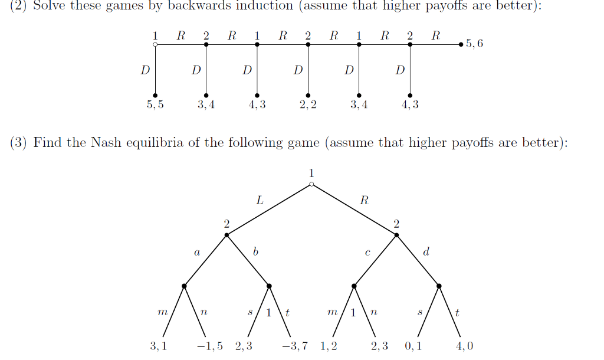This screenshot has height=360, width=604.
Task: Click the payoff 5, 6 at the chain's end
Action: point(474,44)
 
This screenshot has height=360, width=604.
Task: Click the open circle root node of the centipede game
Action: point(155,44)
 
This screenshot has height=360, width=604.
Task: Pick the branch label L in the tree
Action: point(259,200)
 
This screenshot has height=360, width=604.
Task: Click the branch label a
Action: point(196,253)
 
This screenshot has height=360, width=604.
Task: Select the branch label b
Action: point(255,252)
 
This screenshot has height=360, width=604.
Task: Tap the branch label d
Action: point(426,252)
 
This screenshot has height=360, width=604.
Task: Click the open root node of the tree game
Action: point(311,185)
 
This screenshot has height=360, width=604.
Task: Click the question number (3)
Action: point(19,143)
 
